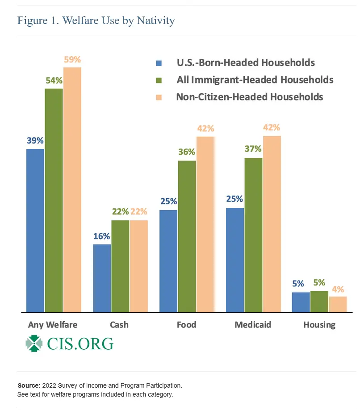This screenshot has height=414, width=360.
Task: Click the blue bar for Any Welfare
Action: [35, 230]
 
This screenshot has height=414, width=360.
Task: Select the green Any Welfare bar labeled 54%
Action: [54, 200]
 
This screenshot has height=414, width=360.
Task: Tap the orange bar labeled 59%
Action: [72, 190]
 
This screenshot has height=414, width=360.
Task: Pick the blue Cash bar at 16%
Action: [102, 278]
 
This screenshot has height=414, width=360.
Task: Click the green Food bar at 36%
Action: [187, 236]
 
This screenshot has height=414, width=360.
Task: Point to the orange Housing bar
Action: [338, 304]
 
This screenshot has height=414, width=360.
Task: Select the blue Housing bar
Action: [301, 302]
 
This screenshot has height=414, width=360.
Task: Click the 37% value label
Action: [253, 149]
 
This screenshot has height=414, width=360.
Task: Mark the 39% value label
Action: [35, 140]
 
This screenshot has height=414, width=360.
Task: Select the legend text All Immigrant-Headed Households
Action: [255, 80]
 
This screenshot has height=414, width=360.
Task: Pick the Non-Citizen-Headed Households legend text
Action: [249, 96]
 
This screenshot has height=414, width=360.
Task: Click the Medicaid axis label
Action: [253, 325]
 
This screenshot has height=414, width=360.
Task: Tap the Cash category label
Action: [119, 325]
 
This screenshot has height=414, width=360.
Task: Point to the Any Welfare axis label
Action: [53, 325]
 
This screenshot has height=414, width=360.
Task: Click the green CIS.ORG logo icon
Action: [34, 344]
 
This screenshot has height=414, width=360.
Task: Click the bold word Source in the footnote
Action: [29, 385]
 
